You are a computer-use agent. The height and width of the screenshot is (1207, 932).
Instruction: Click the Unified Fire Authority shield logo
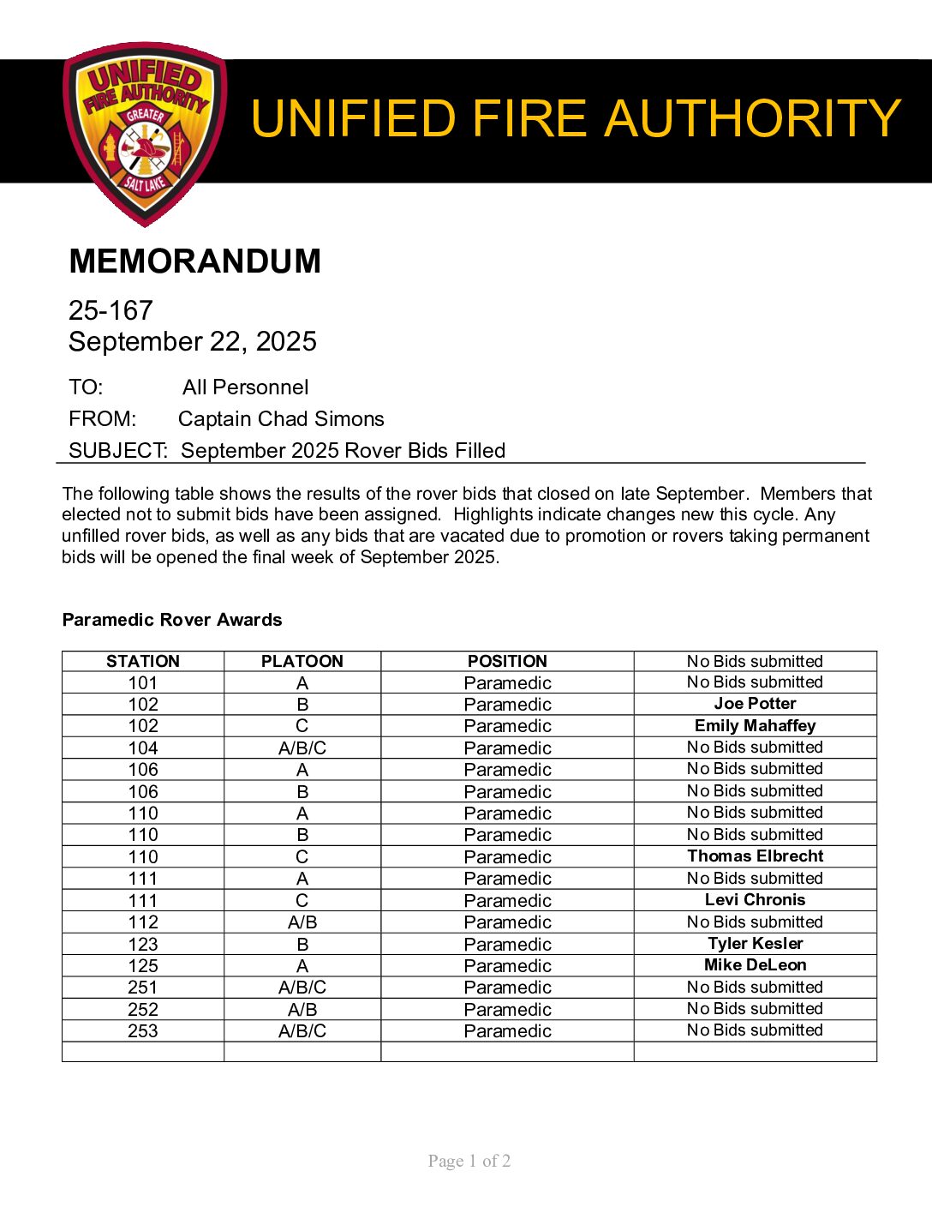click(144, 133)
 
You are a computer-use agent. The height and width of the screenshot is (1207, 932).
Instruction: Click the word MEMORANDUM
click(194, 261)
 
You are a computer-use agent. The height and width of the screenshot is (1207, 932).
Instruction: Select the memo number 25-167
click(111, 310)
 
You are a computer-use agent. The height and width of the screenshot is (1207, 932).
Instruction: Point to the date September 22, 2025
click(193, 341)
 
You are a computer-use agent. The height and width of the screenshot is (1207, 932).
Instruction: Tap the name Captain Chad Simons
click(281, 419)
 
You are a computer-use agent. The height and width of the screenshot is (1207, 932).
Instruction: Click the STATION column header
click(143, 661)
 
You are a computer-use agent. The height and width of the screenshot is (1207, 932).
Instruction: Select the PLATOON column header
click(302, 661)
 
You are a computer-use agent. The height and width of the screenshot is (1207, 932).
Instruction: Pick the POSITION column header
click(507, 661)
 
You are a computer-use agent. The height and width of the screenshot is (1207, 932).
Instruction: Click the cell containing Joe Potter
click(755, 704)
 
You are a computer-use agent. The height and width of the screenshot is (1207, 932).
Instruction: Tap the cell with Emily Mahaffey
click(755, 725)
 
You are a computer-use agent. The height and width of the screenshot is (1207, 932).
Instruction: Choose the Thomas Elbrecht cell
click(755, 856)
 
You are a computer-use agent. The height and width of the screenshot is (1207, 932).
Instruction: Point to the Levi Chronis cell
click(755, 899)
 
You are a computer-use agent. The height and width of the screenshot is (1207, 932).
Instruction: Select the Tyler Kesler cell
click(755, 943)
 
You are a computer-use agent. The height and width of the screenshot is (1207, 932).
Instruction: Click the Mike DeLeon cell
click(755, 964)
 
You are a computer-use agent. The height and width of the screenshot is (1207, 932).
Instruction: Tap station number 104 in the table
click(143, 748)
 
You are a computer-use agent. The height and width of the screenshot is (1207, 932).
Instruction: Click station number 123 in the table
click(143, 944)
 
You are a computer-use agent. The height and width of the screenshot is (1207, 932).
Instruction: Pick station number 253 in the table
click(143, 1030)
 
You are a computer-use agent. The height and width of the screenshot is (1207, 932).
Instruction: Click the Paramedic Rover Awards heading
click(172, 620)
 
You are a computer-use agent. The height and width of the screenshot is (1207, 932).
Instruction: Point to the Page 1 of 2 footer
click(469, 1161)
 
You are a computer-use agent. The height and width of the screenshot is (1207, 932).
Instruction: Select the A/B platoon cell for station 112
click(302, 922)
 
